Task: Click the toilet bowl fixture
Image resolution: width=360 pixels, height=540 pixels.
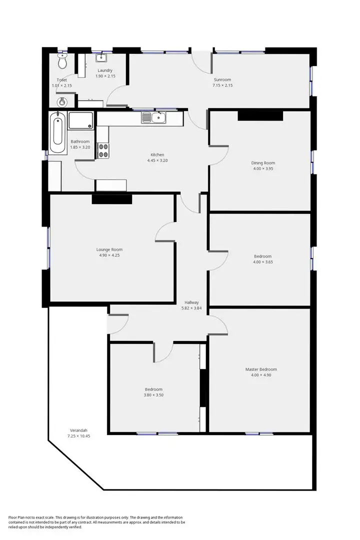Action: [x=62, y=62]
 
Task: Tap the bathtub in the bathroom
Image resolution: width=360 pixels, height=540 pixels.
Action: [x=57, y=133]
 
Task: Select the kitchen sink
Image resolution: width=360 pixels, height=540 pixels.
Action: [x=154, y=118]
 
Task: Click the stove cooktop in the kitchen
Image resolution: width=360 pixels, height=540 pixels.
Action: [x=103, y=150]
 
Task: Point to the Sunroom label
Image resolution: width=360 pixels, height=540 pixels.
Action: [x=222, y=79]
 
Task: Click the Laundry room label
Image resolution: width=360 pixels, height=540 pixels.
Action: [x=105, y=70]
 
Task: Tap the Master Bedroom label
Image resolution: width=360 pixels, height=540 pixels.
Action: [x=260, y=369]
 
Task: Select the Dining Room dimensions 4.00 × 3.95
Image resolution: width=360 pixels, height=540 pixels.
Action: [x=263, y=168]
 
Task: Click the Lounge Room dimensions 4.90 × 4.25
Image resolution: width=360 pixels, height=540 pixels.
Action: [x=109, y=255]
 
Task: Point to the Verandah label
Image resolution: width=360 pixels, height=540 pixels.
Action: [x=77, y=430]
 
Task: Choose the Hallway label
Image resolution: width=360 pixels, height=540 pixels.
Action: [x=191, y=302]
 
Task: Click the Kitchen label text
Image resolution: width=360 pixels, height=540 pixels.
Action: [x=157, y=154]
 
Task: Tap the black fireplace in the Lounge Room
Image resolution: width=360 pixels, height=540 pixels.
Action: [x=111, y=199]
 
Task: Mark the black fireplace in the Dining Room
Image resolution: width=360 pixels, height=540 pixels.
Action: [x=260, y=115]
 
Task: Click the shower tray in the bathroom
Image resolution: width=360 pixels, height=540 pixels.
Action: [x=80, y=120]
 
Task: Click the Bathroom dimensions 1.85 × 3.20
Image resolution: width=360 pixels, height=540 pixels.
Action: [x=80, y=147]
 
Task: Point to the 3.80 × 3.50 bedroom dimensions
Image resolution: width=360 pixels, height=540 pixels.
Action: [x=153, y=395]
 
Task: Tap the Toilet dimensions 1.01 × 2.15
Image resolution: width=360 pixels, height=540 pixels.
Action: [x=62, y=85]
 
